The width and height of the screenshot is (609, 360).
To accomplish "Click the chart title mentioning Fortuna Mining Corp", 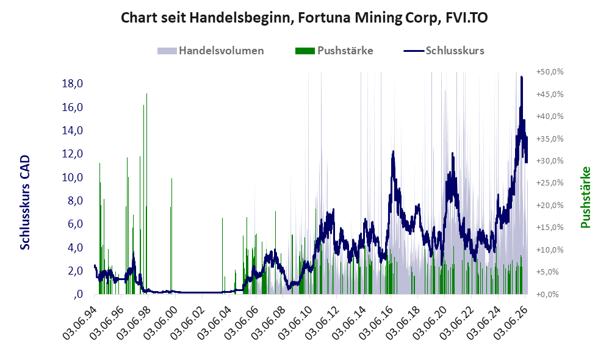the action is (x=304, y=18).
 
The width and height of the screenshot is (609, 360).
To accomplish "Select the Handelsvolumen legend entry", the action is (x=211, y=51).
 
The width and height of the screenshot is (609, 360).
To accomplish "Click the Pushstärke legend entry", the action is (x=334, y=51).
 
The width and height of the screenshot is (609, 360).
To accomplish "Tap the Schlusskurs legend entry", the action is (x=444, y=51).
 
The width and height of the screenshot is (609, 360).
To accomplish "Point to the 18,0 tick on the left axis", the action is (x=73, y=84).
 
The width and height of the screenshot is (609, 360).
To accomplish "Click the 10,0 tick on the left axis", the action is (x=73, y=178).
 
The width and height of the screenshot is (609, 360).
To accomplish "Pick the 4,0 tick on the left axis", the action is (x=75, y=247).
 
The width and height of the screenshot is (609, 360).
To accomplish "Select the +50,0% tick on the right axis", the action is (x=550, y=72).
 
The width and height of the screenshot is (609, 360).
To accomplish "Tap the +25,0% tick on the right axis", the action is (x=550, y=183).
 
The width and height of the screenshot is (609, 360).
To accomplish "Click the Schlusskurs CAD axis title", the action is (x=25, y=203).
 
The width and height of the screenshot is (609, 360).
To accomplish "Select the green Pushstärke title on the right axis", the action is (x=585, y=198).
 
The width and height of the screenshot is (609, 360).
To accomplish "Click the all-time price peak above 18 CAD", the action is (x=522, y=77).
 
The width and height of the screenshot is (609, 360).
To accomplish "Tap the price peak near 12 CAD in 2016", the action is (x=394, y=151).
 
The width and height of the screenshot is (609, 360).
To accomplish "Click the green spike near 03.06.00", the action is (x=171, y=234).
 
